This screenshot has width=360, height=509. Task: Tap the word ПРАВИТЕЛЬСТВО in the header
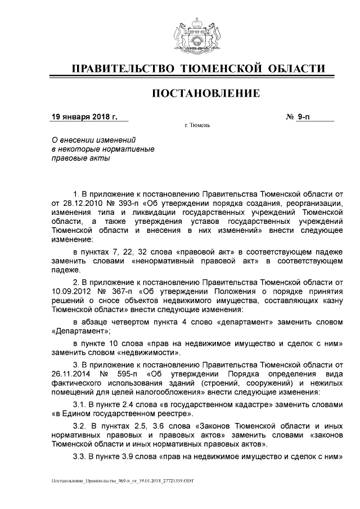coord(120,69)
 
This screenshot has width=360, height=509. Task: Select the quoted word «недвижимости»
coord(150,353)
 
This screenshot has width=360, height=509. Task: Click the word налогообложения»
coord(184,392)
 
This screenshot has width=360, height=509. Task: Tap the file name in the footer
coord(123,482)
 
